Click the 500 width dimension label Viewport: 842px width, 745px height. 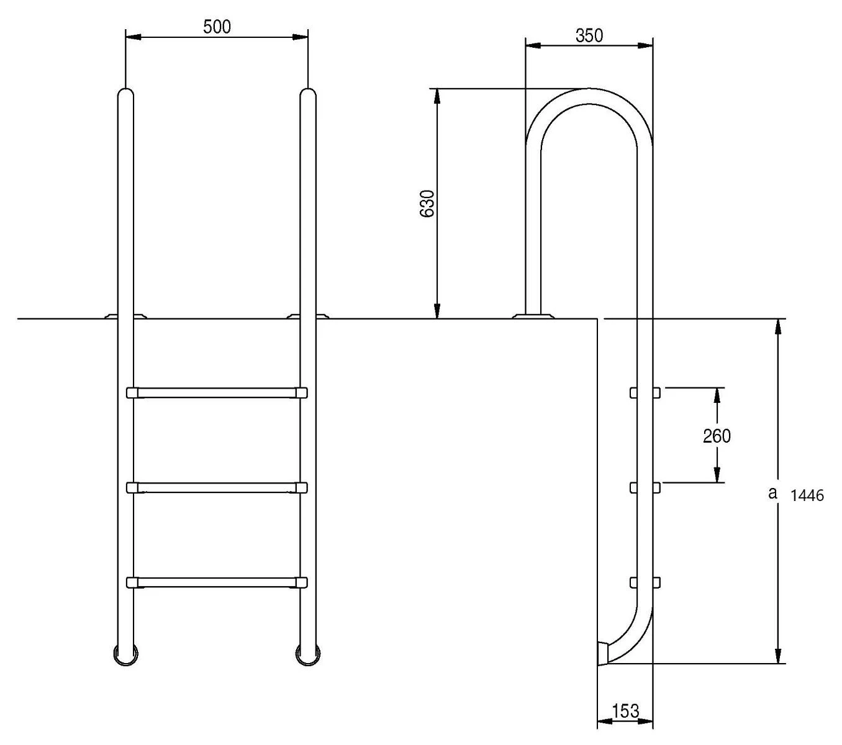tap(217, 27)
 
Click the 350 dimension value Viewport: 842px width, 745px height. tap(589, 35)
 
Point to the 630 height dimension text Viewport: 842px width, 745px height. tap(427, 203)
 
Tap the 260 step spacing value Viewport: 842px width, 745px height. tap(717, 436)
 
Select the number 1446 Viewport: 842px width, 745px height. tap(807, 495)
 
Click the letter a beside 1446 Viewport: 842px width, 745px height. tap(772, 493)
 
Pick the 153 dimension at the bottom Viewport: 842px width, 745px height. tap(625, 711)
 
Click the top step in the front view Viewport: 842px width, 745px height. tap(217, 392)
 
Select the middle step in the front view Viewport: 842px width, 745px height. tap(217, 488)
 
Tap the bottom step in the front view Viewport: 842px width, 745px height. tap(217, 582)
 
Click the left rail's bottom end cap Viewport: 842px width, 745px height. tap(125, 654)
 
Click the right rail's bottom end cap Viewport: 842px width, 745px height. tap(308, 654)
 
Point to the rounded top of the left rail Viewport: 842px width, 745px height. tap(125, 94)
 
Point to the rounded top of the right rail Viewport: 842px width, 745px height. tap(308, 94)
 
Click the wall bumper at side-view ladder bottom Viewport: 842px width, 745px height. tap(602, 654)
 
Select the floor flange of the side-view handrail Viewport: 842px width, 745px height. tap(533, 315)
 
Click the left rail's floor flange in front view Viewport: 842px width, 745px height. tap(125, 315)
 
